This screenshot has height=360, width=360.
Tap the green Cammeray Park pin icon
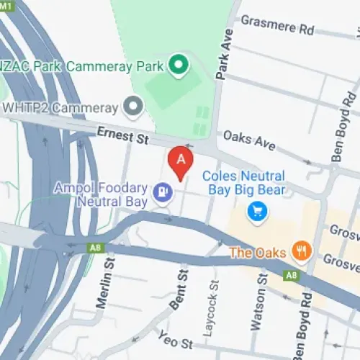pos(177,66)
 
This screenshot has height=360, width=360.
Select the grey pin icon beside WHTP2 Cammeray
pos(132,108)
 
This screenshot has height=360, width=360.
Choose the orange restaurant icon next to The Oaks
pos(301,252)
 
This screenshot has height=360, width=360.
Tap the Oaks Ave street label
pos(249,140)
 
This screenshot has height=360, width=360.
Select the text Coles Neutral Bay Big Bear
pos(243,183)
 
